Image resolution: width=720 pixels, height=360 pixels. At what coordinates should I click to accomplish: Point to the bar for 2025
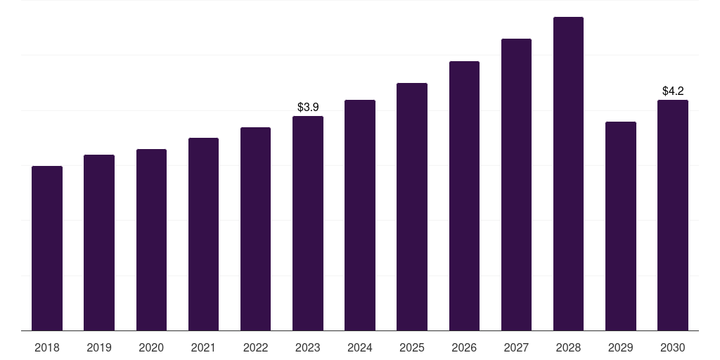(x=412, y=207)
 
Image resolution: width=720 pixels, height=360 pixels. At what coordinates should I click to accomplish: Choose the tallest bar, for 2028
(x=568, y=174)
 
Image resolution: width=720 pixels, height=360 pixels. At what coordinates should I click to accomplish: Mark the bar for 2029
(x=621, y=226)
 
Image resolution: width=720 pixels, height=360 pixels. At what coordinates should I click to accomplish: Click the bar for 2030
(x=673, y=215)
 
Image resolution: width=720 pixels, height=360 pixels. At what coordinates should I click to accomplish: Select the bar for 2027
(x=516, y=184)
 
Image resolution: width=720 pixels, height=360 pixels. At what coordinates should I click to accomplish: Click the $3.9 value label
(x=308, y=108)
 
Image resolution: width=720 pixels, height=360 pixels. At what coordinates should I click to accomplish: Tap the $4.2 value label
(x=673, y=91)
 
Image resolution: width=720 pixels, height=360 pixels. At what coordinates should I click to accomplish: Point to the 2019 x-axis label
(x=99, y=348)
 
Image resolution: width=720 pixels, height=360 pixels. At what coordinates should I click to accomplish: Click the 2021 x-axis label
(x=203, y=348)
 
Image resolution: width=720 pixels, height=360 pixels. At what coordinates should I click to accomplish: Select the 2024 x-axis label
(x=360, y=348)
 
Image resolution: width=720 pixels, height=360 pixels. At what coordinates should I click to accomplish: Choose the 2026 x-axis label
(x=464, y=348)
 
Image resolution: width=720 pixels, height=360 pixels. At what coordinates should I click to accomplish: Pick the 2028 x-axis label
(x=568, y=348)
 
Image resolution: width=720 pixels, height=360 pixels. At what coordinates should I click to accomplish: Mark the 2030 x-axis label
(x=673, y=348)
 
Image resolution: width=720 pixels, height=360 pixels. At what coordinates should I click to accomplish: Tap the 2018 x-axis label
(x=47, y=348)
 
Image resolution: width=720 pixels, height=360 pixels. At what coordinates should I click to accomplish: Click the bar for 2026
(x=464, y=195)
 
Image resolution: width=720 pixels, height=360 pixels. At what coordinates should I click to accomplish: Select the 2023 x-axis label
(x=308, y=348)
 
